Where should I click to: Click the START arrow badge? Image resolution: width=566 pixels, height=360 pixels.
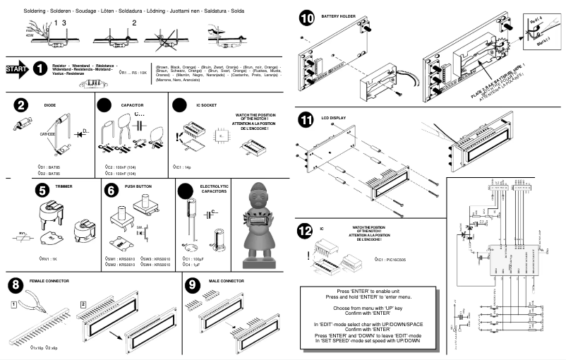click(17, 69)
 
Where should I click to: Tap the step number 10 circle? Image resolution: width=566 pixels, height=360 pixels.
click(306, 18)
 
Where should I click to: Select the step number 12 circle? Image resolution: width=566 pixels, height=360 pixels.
click(306, 230)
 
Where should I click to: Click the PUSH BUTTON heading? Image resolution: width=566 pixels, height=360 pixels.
click(138, 186)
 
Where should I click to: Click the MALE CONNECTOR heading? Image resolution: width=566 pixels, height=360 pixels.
click(223, 281)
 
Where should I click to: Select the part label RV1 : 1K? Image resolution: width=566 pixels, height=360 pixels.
click(49, 259)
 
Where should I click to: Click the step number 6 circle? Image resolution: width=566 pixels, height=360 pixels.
click(111, 189)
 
